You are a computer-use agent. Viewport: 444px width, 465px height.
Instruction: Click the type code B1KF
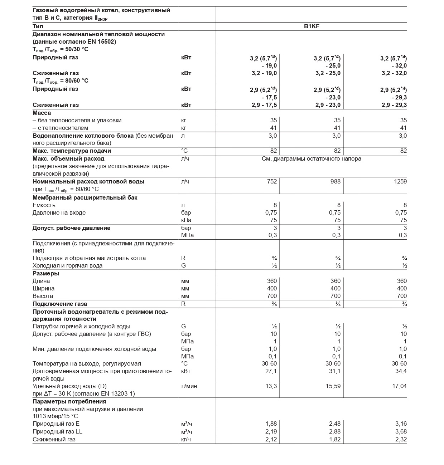click(312, 26)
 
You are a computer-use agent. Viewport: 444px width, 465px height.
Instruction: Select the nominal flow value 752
click(272, 181)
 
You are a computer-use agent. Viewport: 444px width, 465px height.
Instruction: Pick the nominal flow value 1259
click(400, 181)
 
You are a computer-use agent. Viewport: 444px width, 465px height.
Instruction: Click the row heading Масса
click(42, 113)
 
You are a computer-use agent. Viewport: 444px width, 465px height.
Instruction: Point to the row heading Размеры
click(46, 274)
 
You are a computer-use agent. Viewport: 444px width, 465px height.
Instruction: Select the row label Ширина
click(43, 289)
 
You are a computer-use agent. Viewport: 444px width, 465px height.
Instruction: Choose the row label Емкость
click(44, 205)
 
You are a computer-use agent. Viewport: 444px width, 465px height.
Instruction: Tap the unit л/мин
click(189, 386)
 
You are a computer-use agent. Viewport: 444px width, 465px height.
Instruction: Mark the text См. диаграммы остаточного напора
click(312, 159)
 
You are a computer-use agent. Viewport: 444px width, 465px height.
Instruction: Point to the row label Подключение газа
click(60, 304)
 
